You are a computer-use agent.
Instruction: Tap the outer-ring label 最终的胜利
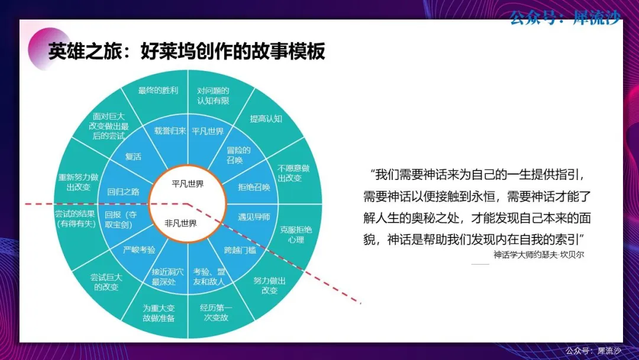[x=158, y=91]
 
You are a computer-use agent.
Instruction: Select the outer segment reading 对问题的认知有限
[x=213, y=95]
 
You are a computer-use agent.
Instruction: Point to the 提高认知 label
[x=266, y=118]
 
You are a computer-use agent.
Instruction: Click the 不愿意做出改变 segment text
[x=293, y=173]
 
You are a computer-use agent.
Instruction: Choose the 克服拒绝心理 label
[x=296, y=234]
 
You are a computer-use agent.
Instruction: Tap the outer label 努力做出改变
[x=269, y=285]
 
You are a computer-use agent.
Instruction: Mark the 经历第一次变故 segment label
[x=216, y=312]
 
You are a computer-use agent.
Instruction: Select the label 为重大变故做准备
[x=159, y=313]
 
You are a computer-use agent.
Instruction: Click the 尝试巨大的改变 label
[x=106, y=282]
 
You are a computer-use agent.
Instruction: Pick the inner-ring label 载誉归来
[x=170, y=131]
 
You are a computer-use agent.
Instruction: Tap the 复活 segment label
[x=133, y=156]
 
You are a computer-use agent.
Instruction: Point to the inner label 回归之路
[x=123, y=192]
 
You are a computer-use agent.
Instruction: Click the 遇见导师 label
[x=254, y=217]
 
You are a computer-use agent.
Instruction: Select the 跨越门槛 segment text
[x=240, y=250]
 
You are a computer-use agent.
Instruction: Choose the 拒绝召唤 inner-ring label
[x=254, y=187]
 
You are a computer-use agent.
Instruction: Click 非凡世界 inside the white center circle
[x=180, y=223]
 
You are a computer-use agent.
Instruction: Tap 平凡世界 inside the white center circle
[x=188, y=184]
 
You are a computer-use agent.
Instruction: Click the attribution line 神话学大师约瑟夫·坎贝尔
[x=539, y=255]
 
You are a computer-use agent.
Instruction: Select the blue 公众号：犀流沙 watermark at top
[x=565, y=18]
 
